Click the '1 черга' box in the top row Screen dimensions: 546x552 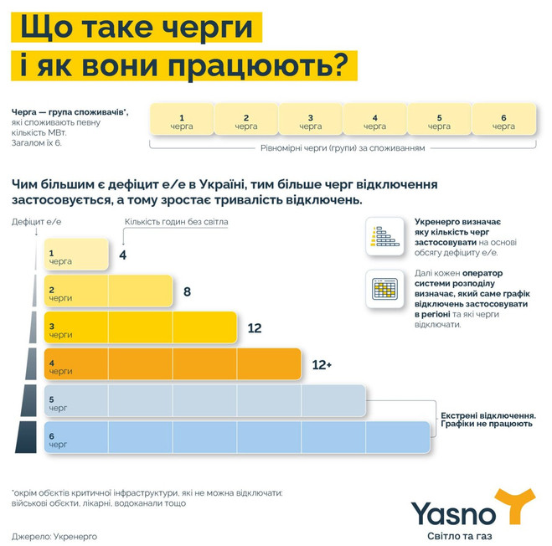(x=182, y=121)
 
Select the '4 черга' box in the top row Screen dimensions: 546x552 (x=374, y=121)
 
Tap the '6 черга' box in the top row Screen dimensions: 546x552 (x=503, y=121)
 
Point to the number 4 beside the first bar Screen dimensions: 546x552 (x=123, y=254)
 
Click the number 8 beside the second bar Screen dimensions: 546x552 (x=187, y=292)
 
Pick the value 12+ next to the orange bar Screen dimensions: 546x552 (x=322, y=365)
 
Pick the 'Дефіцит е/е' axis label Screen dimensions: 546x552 (x=38, y=222)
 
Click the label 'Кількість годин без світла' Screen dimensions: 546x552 (x=177, y=222)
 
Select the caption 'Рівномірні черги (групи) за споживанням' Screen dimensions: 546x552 (x=343, y=147)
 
